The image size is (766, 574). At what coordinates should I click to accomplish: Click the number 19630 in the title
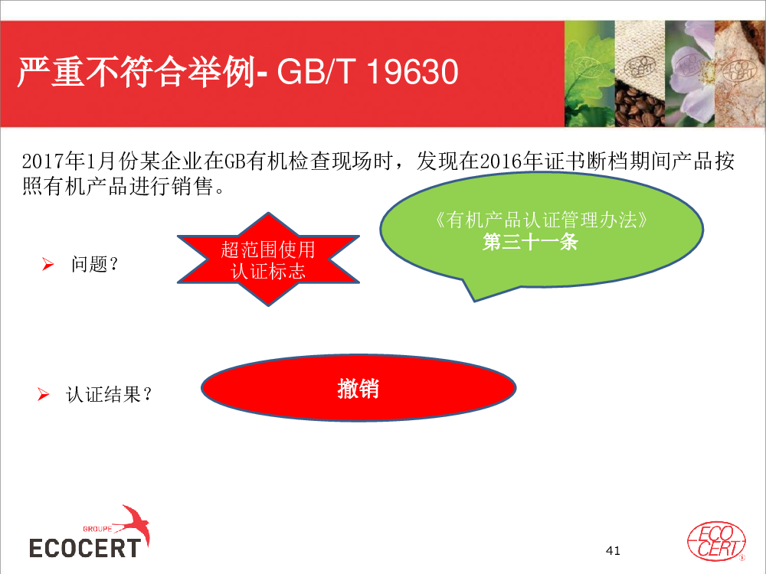point(412,72)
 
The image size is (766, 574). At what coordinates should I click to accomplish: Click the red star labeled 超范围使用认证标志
point(268,259)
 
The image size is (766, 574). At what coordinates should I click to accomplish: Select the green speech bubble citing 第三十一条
point(542,233)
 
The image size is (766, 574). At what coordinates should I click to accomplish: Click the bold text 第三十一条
point(531,242)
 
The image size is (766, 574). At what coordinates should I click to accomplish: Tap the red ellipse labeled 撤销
point(358,388)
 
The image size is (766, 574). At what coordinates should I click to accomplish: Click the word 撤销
point(358,389)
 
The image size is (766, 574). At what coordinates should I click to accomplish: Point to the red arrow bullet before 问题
point(47,264)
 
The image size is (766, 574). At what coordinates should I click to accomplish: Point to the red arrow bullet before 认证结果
point(44,394)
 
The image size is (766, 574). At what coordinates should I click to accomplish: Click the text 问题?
point(95,264)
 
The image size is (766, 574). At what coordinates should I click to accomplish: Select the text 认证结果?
point(109,394)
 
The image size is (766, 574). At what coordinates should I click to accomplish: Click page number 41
point(613,550)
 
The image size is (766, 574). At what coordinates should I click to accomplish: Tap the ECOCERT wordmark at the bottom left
point(85,548)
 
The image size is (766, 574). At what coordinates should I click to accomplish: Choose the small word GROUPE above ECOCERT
point(97,529)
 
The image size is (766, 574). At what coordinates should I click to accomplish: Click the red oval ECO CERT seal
point(716,541)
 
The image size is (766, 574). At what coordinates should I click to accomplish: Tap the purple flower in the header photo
point(690,73)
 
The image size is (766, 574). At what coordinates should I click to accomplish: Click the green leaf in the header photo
point(589,73)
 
